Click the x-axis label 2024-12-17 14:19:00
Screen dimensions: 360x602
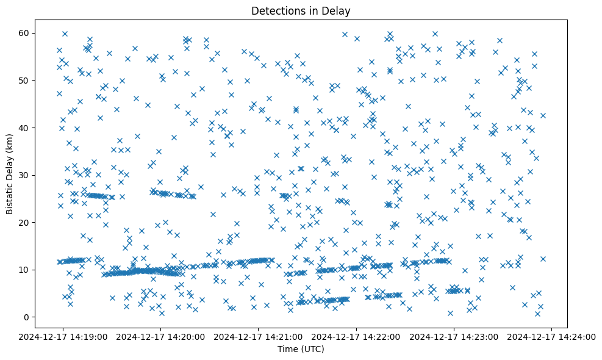pos(63,336)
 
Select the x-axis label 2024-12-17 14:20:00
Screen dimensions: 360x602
pos(161,336)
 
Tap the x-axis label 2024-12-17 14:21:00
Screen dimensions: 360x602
pos(259,336)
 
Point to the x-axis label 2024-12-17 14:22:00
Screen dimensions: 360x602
pos(356,336)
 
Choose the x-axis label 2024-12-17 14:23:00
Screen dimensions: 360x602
pos(454,336)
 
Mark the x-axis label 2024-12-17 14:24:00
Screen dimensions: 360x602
pos(551,336)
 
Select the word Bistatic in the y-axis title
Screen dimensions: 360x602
pos(10,196)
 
